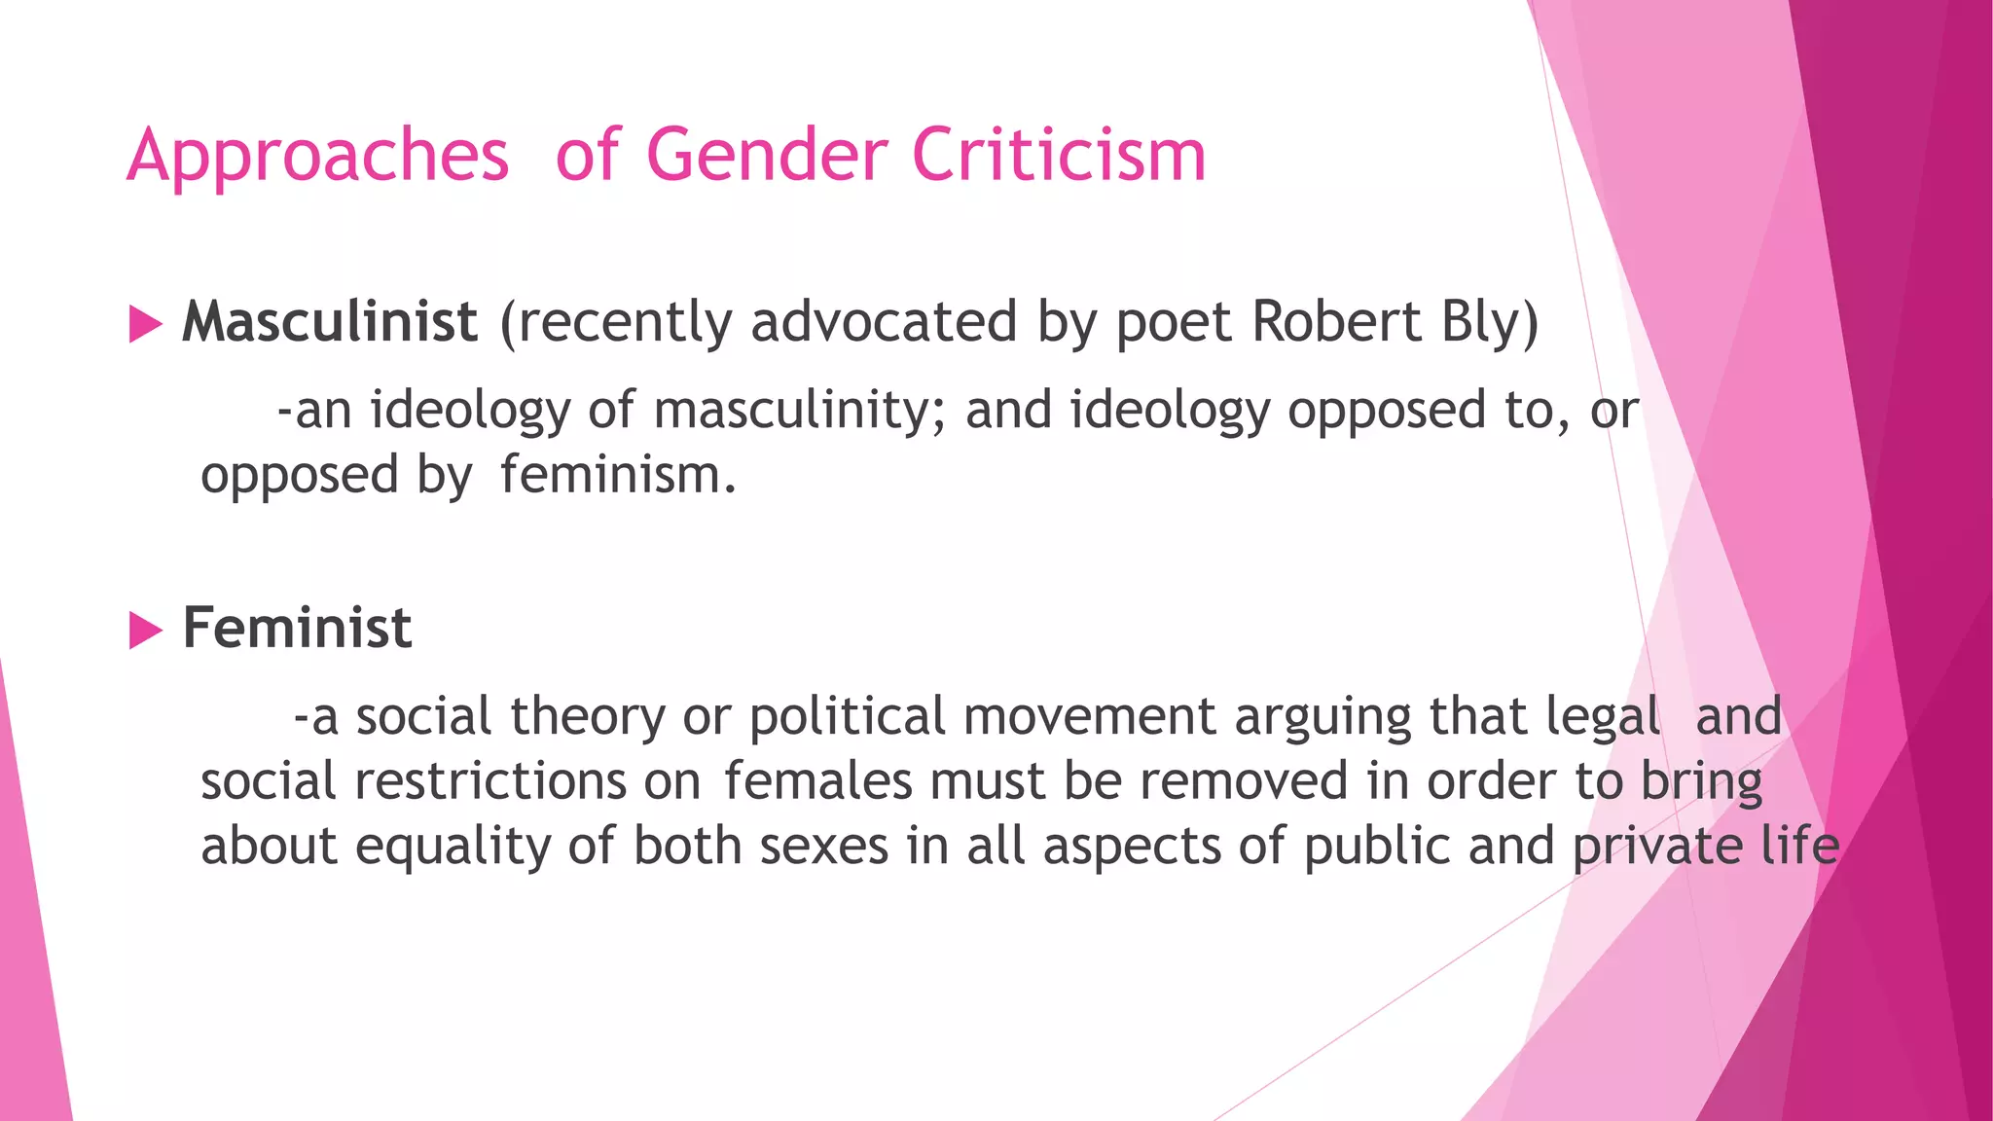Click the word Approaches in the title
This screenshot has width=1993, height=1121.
pos(318,156)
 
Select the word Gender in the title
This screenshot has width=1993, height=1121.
pos(767,156)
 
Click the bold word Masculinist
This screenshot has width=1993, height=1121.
pos(330,322)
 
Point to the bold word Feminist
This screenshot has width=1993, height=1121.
pos(297,628)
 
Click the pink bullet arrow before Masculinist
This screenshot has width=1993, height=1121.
pos(145,324)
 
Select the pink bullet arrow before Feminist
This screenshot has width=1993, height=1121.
pos(145,631)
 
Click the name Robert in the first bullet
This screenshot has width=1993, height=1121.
pos(1337,322)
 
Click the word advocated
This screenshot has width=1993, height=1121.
pos(884,322)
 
